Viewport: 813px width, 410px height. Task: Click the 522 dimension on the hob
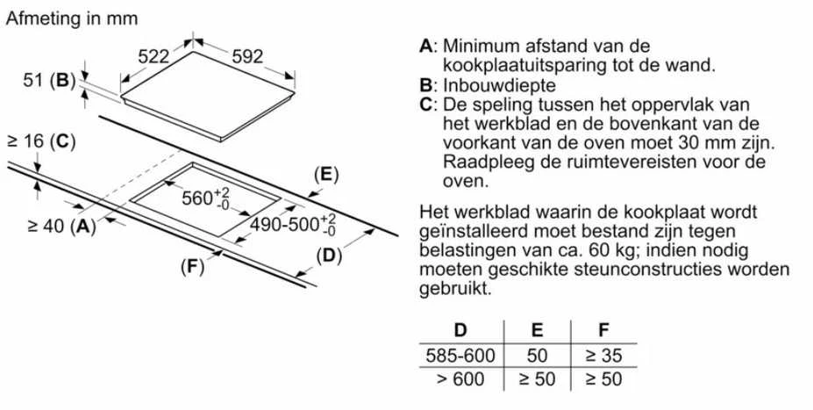click(x=153, y=56)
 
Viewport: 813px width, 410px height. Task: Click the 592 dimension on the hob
click(x=247, y=56)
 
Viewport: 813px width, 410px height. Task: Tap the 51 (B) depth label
click(x=50, y=81)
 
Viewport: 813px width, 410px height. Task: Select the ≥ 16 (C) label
click(x=41, y=141)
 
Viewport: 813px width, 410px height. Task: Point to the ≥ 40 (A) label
click(x=61, y=227)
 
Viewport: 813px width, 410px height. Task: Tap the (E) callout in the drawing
click(x=326, y=175)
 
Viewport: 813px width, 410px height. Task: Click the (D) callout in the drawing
click(x=329, y=255)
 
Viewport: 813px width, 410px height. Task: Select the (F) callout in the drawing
click(x=193, y=267)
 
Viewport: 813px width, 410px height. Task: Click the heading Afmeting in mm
click(x=72, y=18)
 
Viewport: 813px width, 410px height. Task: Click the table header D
click(x=460, y=330)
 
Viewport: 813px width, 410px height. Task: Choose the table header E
click(x=537, y=330)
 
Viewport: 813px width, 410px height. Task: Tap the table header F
click(x=603, y=330)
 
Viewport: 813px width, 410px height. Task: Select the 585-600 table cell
click(x=460, y=356)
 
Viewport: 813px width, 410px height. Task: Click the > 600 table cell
click(x=460, y=379)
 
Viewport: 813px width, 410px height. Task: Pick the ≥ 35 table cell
click(x=603, y=356)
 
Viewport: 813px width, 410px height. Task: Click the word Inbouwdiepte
click(x=499, y=85)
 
